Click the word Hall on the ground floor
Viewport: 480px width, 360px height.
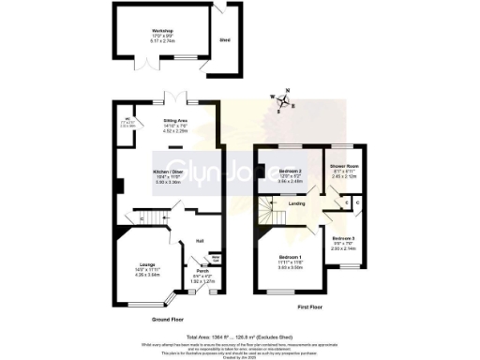pyautogui.click(x=199, y=240)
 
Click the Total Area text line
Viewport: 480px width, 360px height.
pyautogui.click(x=240, y=335)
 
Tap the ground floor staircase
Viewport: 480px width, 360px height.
pyautogui.click(x=142, y=219)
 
